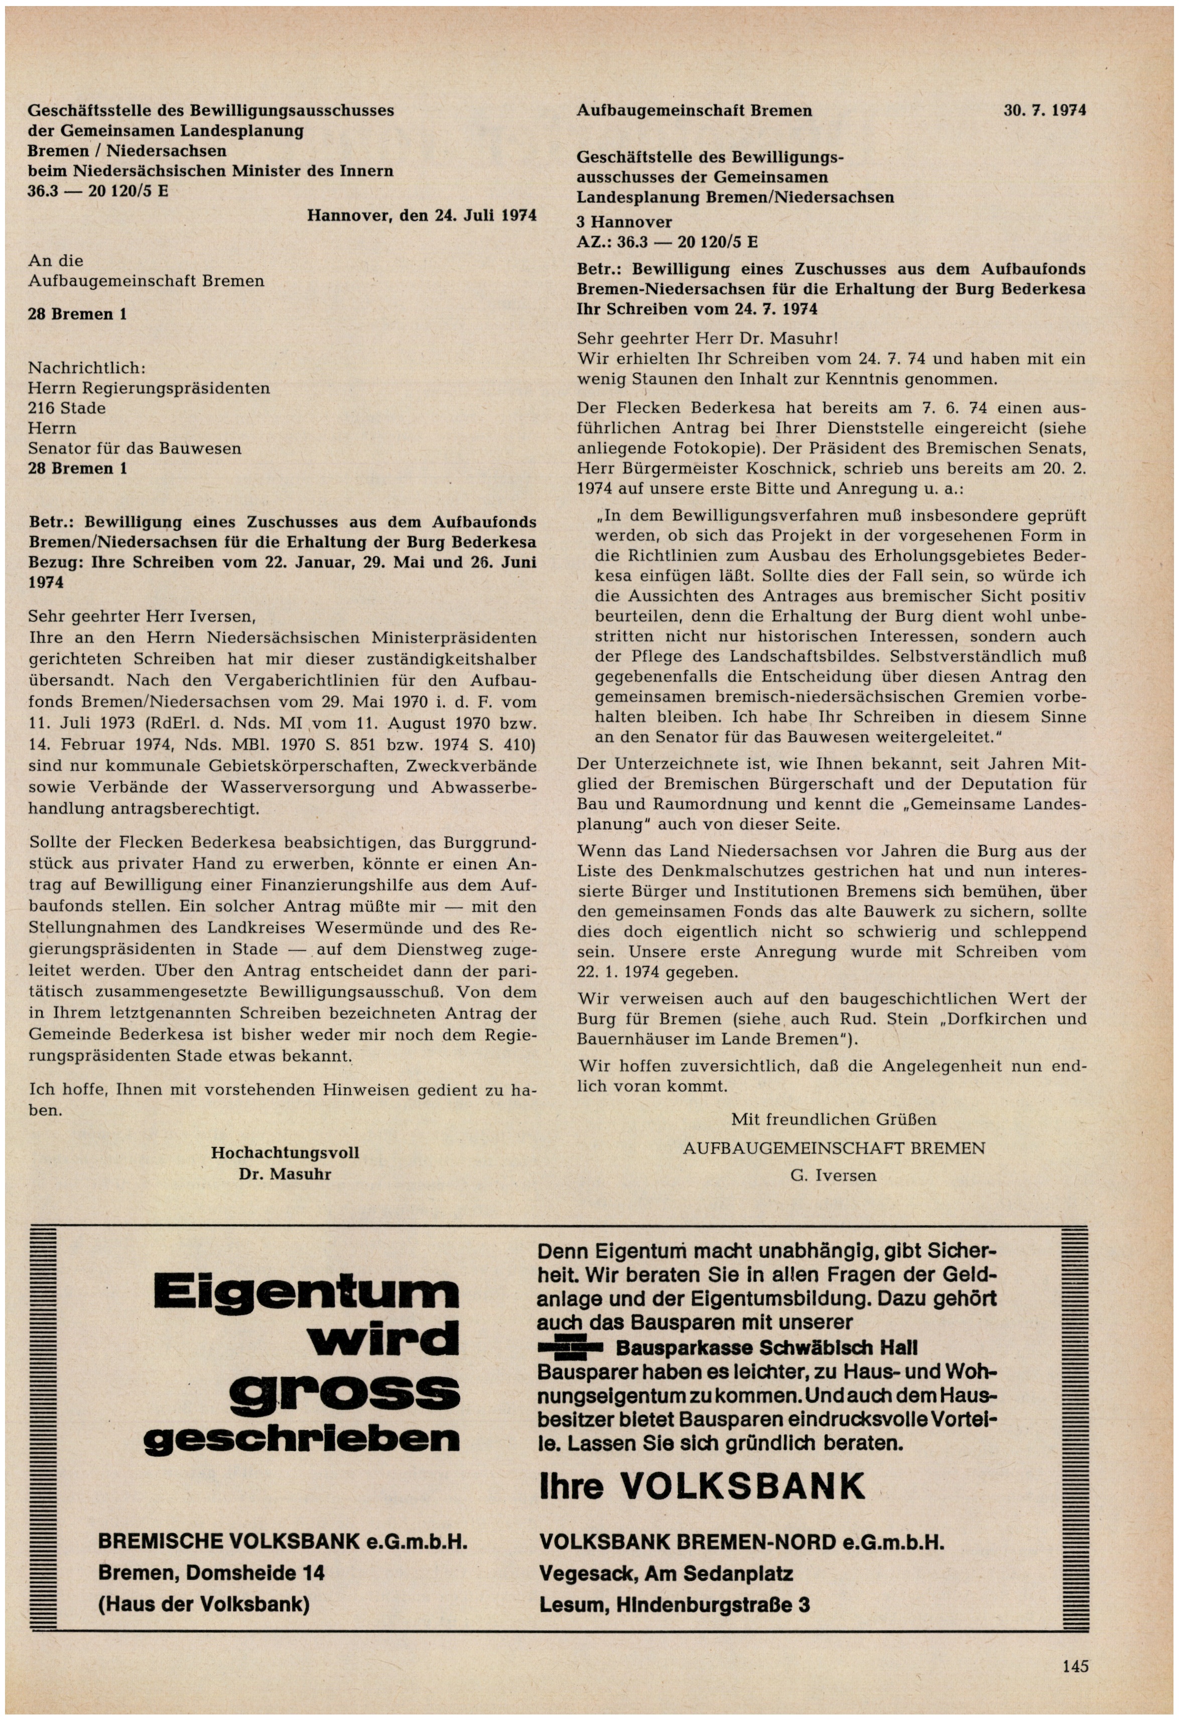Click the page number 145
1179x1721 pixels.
coord(1075,1666)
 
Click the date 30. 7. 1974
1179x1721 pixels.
coord(1044,111)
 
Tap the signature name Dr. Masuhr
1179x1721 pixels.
coord(285,1174)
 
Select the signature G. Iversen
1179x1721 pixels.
coord(833,1175)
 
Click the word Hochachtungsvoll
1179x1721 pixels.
coord(285,1153)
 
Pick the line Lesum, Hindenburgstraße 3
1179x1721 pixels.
coord(674,1605)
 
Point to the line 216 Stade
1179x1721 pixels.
coord(67,408)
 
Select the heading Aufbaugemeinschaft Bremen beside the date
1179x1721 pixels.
coord(694,111)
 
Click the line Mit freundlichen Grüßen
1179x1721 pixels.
coord(833,1119)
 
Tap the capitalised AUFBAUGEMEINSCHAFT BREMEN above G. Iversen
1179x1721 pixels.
coord(833,1148)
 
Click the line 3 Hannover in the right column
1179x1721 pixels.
coord(624,222)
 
